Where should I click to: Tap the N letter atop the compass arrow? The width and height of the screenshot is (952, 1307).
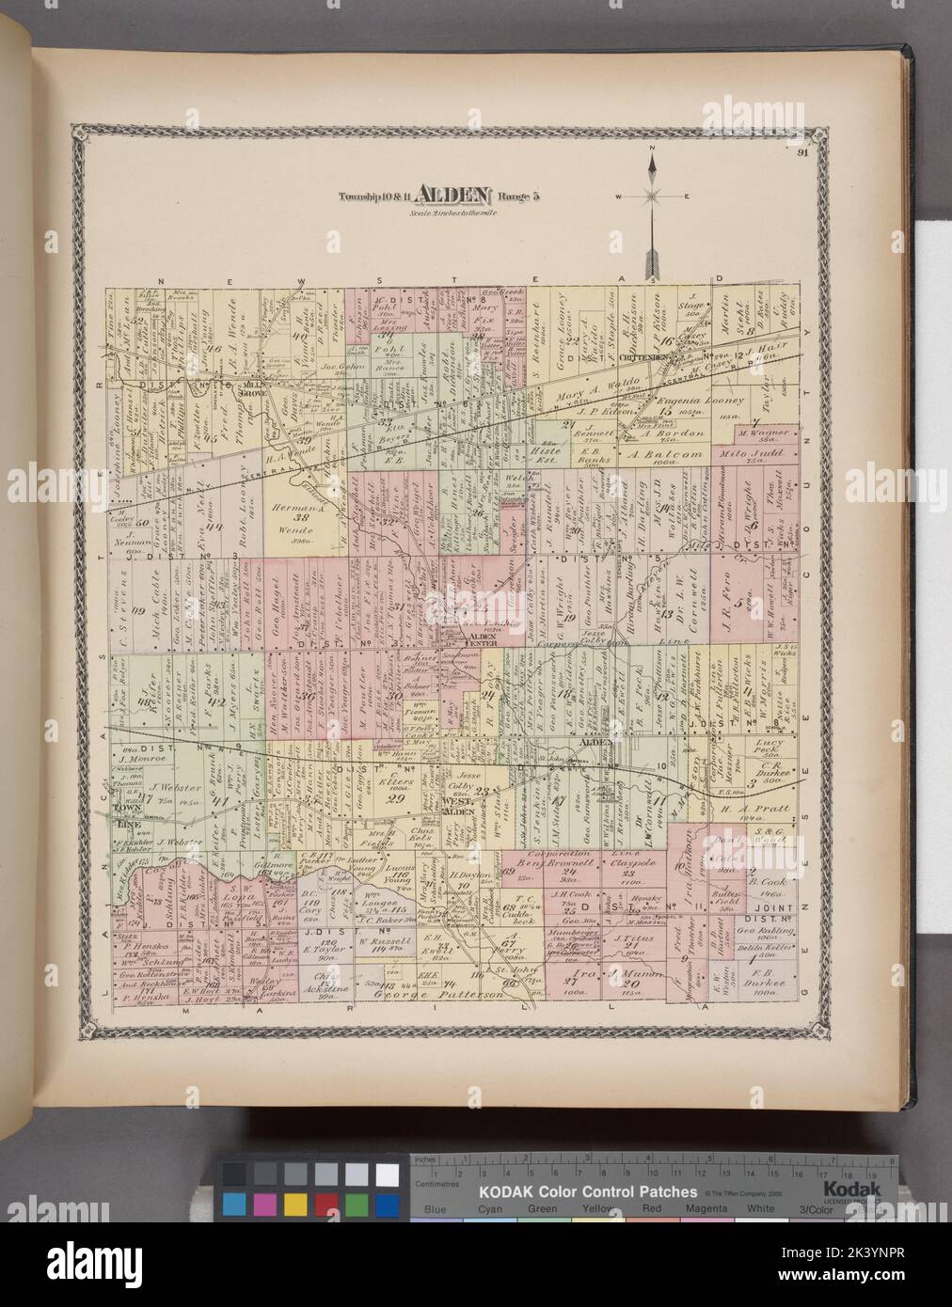click(x=650, y=150)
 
